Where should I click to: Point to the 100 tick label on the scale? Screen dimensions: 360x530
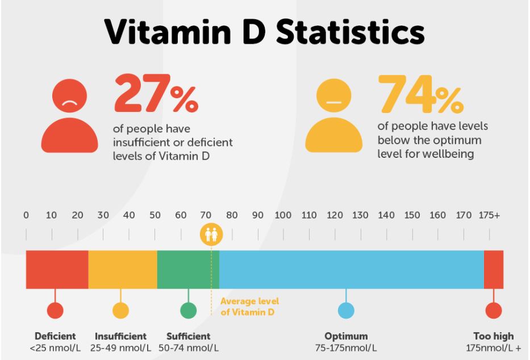point(283,215)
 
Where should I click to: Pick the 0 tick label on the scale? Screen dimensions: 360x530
point(26,215)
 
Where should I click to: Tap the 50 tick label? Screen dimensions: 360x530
point(155,215)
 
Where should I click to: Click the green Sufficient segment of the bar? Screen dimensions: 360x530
point(187,269)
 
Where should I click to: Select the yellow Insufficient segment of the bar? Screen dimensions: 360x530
point(122,269)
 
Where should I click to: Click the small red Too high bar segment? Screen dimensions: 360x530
point(494,269)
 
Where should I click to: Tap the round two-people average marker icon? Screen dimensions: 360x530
point(211,233)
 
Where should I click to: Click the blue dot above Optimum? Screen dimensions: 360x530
point(346,311)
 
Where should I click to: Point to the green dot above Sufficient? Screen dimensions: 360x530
point(188,311)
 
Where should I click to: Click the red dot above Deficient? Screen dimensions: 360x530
point(55,311)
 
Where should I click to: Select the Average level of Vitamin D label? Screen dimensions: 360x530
point(250,305)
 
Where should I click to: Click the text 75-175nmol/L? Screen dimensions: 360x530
point(346,348)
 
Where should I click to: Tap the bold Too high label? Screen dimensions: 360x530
point(493,336)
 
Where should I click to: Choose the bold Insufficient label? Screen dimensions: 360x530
point(120,336)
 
